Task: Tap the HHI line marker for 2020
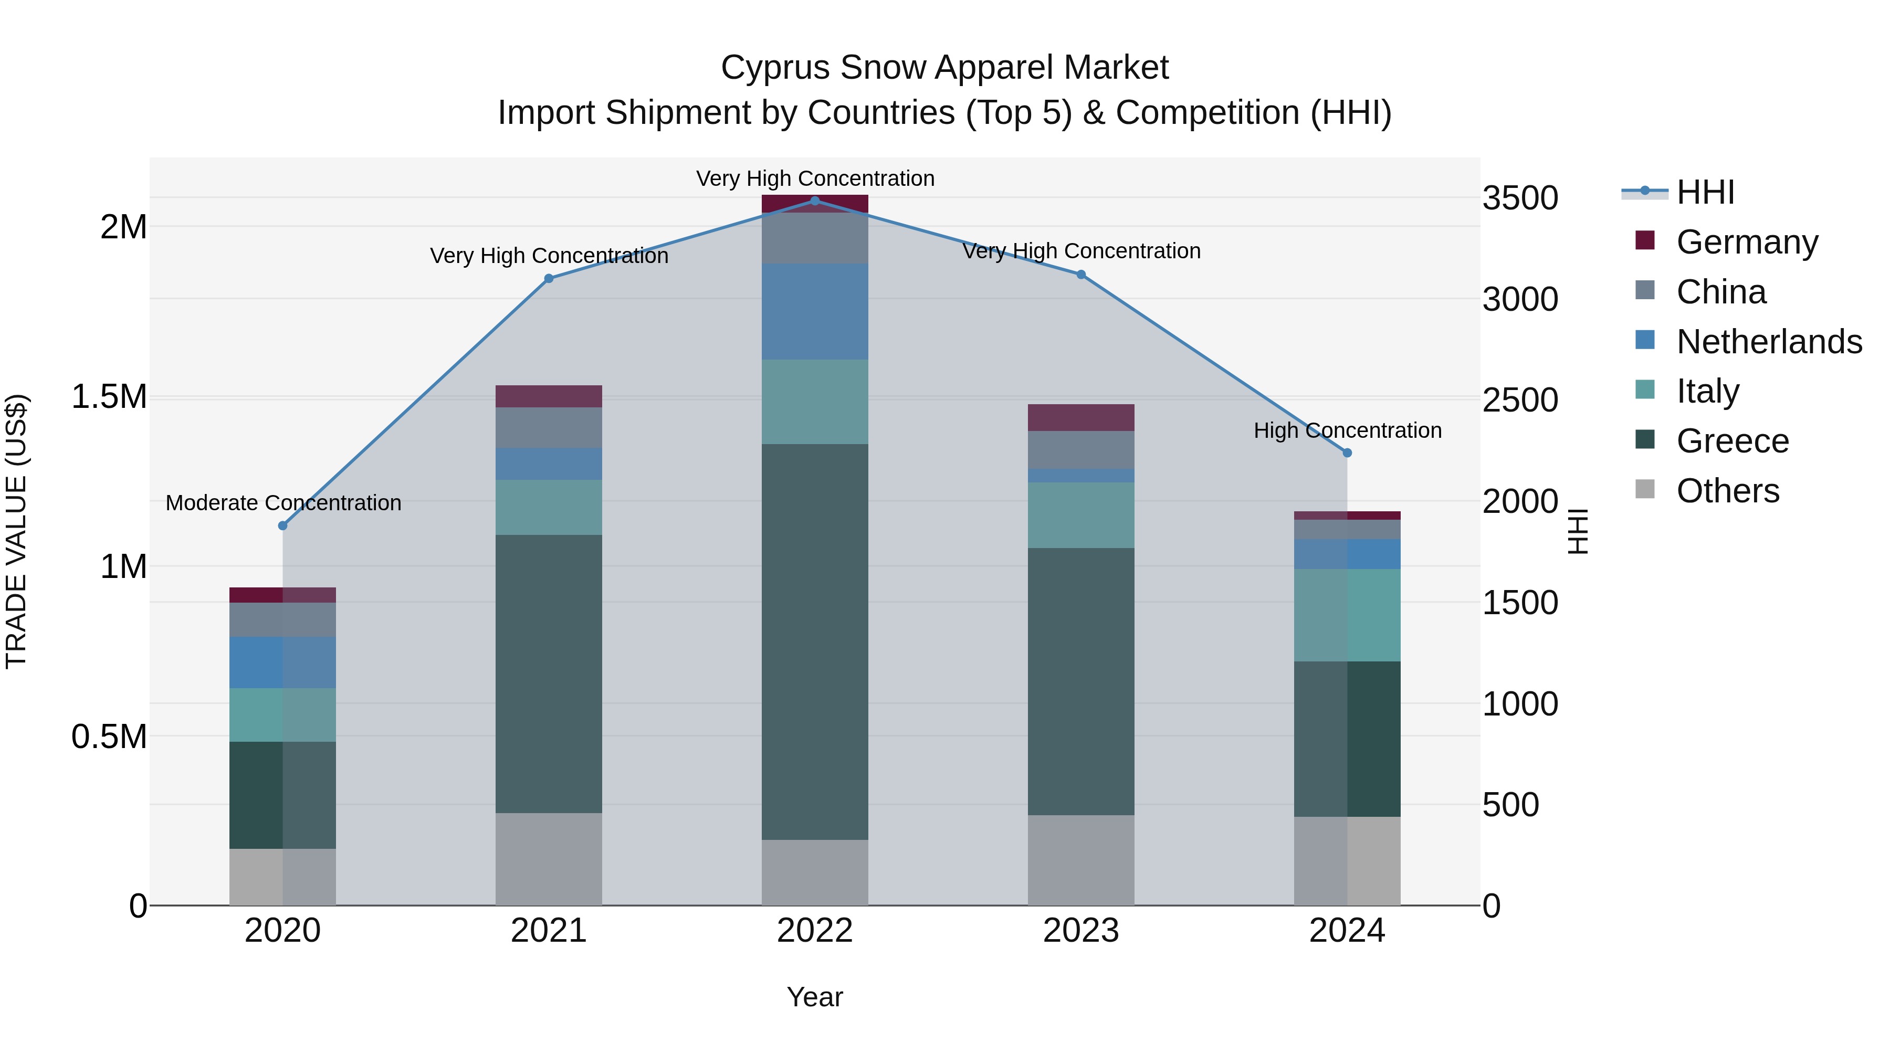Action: [x=282, y=525]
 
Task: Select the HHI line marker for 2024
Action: [x=1347, y=452]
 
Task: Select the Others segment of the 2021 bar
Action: [x=548, y=858]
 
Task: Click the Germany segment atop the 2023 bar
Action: [x=1081, y=417]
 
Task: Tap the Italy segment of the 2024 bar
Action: [x=1347, y=615]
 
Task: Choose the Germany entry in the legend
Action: [x=1746, y=242]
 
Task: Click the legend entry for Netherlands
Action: [x=1768, y=342]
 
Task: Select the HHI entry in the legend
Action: [x=1704, y=192]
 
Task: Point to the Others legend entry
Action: [x=1727, y=491]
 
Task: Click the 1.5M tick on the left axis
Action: [x=109, y=397]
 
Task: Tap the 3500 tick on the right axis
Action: [x=1520, y=198]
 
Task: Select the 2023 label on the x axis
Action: [x=1081, y=931]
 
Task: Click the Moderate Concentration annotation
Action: [x=283, y=503]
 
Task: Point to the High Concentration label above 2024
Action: [x=1347, y=430]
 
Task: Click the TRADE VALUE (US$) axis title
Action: [x=16, y=531]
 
